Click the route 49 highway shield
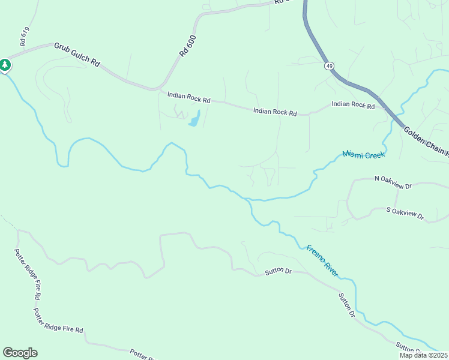330,65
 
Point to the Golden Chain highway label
426,142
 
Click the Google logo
20,353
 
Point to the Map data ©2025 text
423,355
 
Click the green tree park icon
5,65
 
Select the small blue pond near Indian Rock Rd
194,119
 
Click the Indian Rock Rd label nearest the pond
188,97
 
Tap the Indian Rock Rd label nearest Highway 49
353,105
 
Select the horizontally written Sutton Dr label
278,272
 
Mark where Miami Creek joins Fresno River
247,199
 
